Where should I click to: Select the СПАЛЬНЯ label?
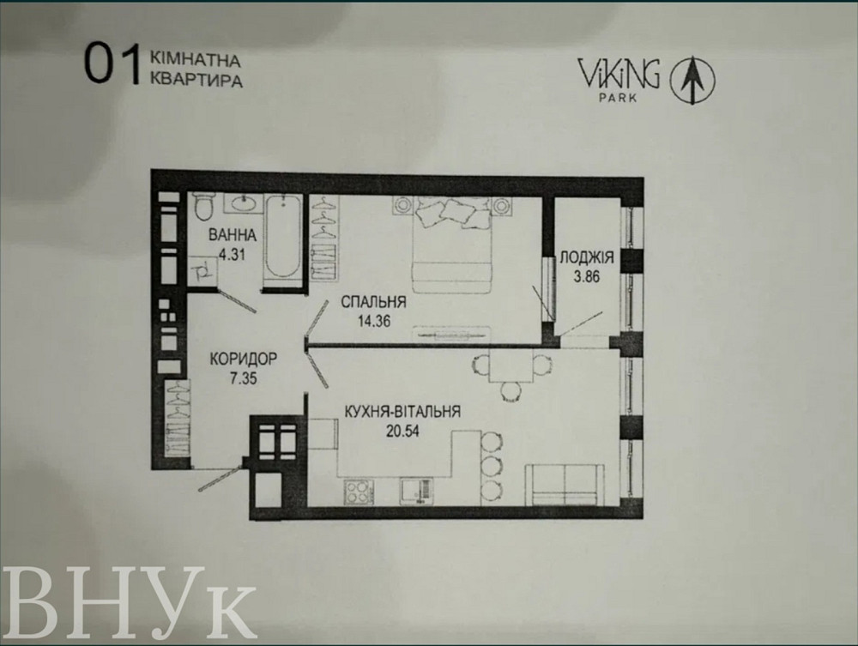point(372,302)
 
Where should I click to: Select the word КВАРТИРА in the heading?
point(196,83)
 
